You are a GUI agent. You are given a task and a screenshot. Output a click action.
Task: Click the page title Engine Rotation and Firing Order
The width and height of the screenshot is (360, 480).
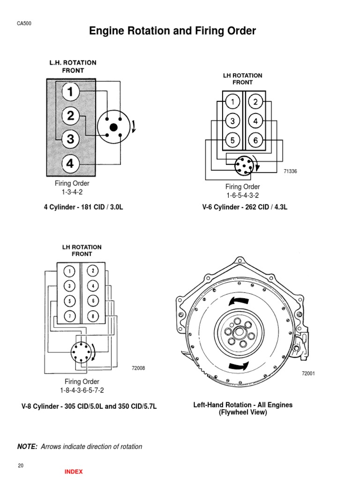tap(172, 31)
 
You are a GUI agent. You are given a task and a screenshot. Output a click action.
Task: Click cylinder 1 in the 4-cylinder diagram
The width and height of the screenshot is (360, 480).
tap(70, 92)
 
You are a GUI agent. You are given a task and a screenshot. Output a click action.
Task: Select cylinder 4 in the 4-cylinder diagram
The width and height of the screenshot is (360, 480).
tap(70, 164)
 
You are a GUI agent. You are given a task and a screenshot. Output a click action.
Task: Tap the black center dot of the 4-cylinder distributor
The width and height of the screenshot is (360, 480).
tap(113, 127)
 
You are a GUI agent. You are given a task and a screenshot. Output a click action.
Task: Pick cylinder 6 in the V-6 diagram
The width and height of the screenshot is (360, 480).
tap(255, 140)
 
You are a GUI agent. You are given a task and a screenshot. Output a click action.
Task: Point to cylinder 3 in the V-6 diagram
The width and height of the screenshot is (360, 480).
tap(232, 121)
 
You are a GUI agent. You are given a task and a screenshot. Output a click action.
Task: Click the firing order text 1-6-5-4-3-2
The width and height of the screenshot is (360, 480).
tap(242, 195)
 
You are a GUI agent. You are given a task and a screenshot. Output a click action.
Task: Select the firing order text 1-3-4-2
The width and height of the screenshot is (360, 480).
tap(72, 192)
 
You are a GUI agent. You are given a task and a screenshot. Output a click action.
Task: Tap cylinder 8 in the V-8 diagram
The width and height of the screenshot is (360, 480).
tap(93, 316)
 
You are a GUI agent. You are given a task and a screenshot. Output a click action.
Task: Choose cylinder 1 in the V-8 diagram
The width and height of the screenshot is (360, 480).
tap(69, 271)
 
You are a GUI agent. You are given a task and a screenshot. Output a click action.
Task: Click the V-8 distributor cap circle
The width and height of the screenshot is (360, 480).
tap(82, 352)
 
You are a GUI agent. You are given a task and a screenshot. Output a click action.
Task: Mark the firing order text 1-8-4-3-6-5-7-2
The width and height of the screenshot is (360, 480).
tap(82, 390)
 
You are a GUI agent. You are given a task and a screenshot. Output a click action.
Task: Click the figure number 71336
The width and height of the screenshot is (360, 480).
tap(290, 172)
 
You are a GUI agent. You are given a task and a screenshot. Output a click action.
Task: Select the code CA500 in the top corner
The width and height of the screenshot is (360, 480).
tap(24, 24)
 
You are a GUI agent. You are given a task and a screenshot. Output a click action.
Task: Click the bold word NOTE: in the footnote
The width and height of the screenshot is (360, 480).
tap(27, 447)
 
